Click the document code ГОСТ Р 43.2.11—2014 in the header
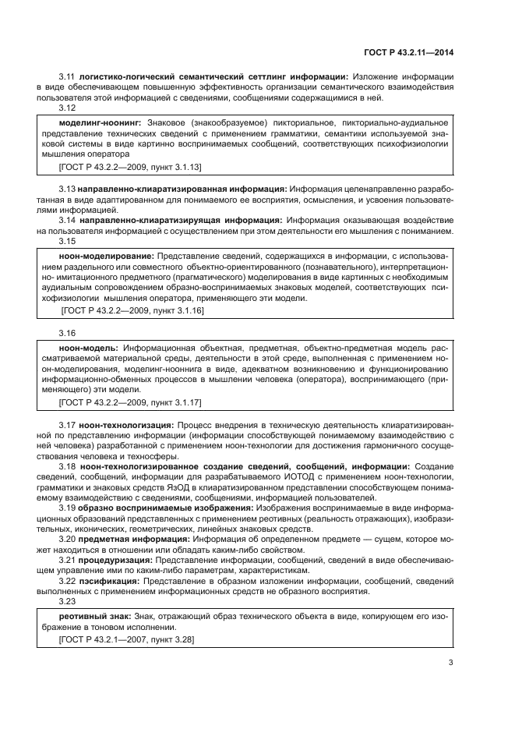(408, 52)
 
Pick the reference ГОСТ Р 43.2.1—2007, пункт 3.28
(126, 639)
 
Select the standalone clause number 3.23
(68, 601)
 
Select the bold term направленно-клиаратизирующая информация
(161, 221)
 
